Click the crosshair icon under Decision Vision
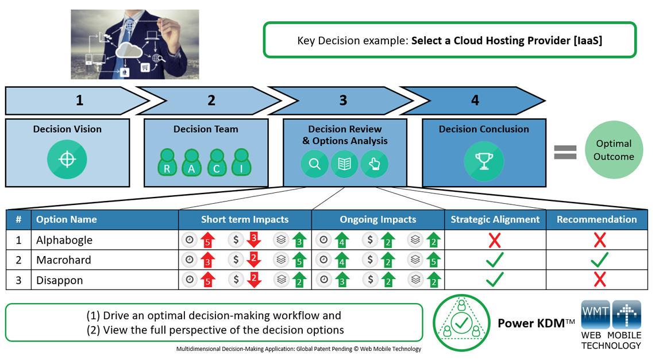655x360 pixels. coord(67,159)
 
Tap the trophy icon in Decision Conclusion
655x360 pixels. coord(483,161)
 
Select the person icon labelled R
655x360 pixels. coord(167,163)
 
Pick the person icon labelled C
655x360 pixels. coord(217,163)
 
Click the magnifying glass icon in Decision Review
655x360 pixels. coord(315,164)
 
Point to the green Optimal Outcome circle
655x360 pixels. coord(614,150)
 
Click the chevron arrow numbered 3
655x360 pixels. coord(343,100)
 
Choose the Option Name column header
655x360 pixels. coord(67,219)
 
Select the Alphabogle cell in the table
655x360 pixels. coord(64,240)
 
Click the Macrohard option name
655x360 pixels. coord(64,260)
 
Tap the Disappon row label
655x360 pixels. coord(60,280)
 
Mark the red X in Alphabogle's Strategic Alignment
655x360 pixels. coord(495,241)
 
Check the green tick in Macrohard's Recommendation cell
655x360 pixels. coord(599,260)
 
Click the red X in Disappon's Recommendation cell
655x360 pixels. coord(599,280)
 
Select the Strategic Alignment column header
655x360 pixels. coord(495,219)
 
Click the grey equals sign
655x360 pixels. coord(565,152)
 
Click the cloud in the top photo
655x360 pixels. coord(129,51)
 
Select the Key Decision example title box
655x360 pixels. coord(450,40)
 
